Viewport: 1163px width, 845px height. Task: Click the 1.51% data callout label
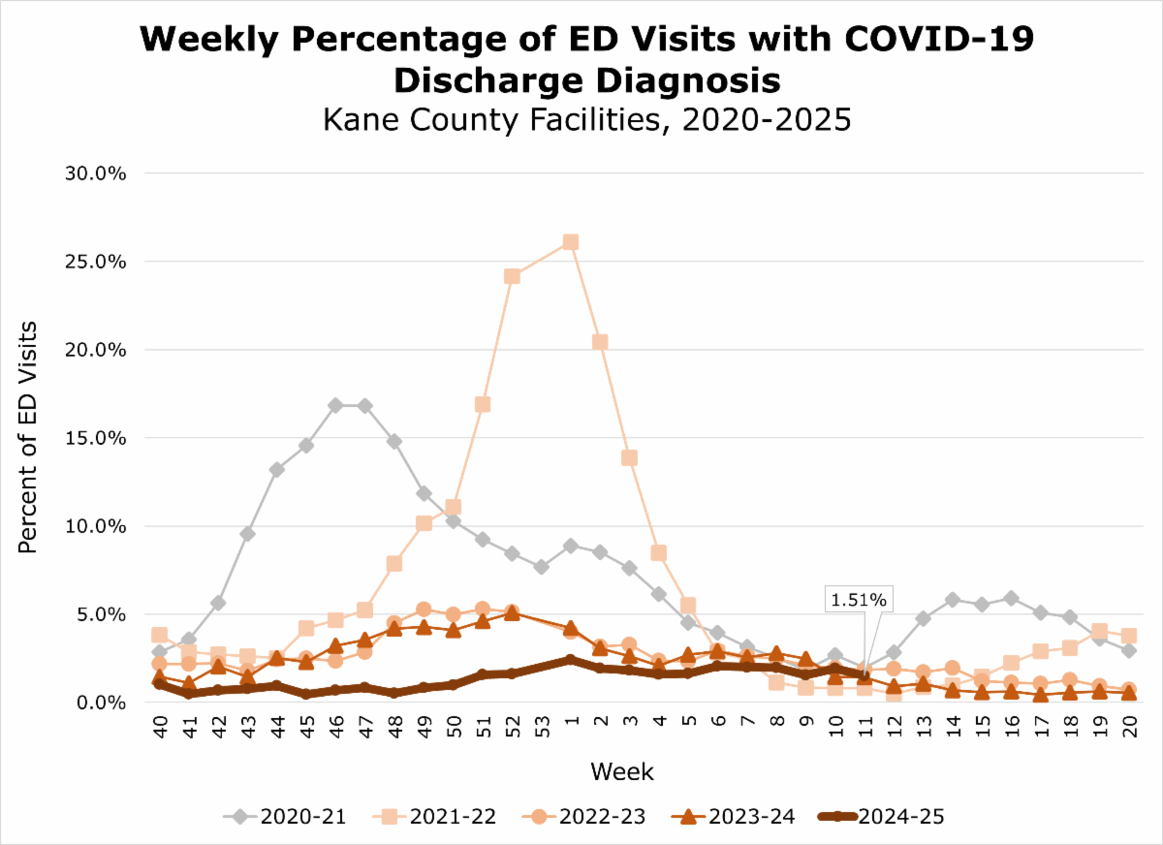[857, 600]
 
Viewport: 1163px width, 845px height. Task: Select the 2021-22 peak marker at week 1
[571, 242]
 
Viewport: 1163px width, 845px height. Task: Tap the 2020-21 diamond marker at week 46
[335, 405]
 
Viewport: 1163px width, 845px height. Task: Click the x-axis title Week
[621, 772]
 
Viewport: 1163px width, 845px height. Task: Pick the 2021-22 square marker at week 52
[512, 276]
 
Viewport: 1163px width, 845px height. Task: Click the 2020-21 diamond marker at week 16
[1011, 598]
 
